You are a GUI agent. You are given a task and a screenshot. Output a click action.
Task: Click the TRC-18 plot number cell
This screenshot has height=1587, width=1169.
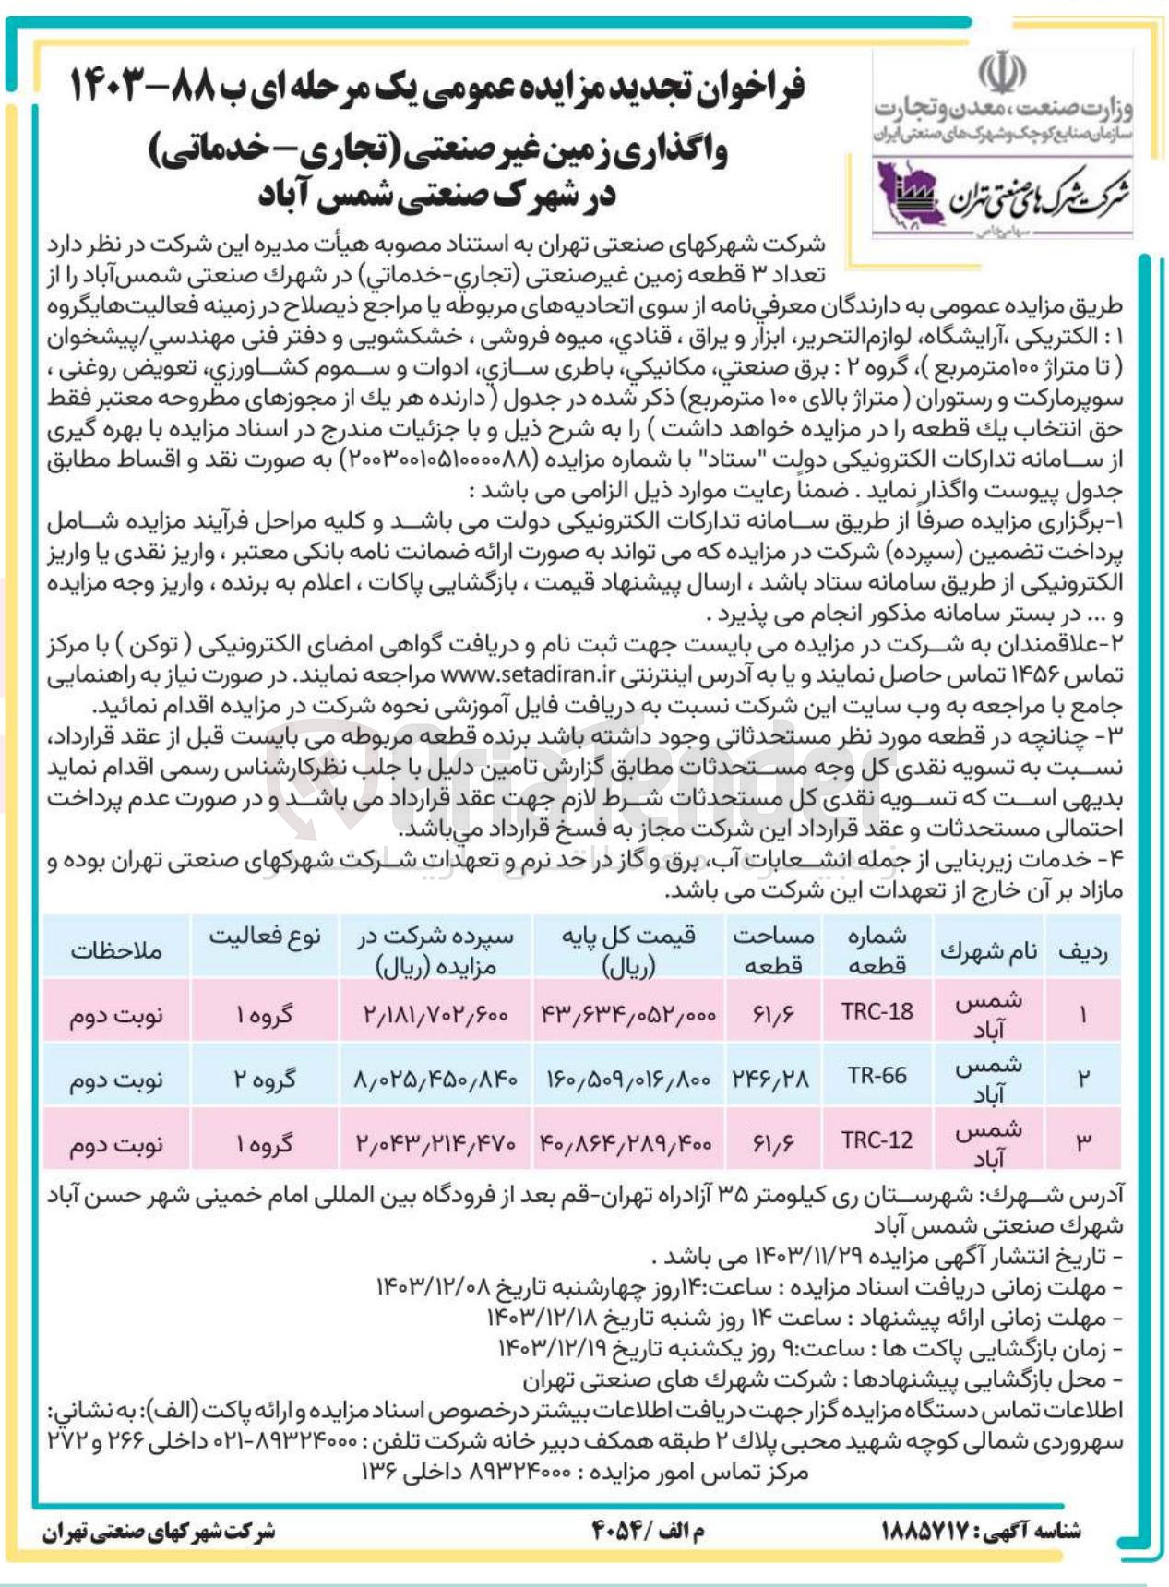pos(877,1011)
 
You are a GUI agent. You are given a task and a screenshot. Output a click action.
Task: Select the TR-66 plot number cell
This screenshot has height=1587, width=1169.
pos(877,1076)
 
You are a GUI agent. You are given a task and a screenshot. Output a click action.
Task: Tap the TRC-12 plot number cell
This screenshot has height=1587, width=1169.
pos(877,1140)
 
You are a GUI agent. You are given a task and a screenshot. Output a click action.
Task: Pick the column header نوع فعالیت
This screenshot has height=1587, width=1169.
pos(265,937)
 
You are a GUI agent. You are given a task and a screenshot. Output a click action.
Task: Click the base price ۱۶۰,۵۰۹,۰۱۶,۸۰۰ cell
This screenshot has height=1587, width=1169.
pos(627,1077)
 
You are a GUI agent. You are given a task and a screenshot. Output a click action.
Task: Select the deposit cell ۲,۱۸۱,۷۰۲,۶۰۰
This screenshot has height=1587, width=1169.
pos(436,1013)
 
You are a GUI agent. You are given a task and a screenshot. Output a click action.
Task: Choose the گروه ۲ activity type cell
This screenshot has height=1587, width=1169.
pos(265,1078)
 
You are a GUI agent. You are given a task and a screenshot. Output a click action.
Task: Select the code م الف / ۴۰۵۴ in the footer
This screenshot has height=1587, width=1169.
pos(648,1531)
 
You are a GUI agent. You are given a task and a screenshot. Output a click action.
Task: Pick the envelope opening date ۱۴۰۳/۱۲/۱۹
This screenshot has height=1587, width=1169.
pos(552,1349)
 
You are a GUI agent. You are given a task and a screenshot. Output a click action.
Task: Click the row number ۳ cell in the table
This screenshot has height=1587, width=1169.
pos(1083,1140)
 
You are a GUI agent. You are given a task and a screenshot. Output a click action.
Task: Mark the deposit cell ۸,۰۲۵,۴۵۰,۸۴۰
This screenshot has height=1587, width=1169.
pos(436,1078)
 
